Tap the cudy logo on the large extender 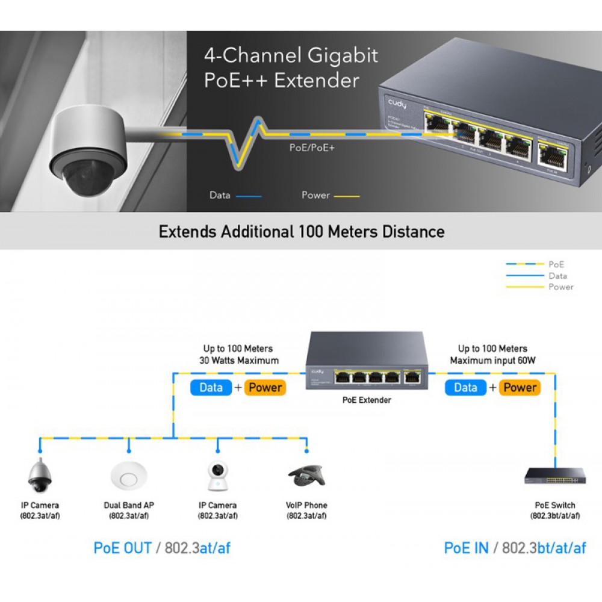397,104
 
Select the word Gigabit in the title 343,56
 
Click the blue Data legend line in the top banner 249,196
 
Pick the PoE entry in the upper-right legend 556,264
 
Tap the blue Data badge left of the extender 211,388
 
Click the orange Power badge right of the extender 520,388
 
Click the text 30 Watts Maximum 239,361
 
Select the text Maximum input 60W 492,361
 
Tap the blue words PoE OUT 123,548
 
